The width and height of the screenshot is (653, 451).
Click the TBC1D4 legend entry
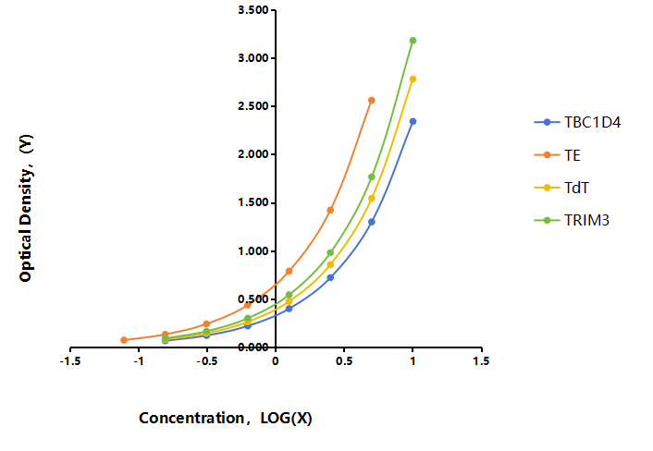578,122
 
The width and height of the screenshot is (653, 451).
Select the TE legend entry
558,155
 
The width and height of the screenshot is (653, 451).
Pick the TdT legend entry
561,188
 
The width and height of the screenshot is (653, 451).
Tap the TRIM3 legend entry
572,220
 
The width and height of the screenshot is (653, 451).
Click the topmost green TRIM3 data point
413,41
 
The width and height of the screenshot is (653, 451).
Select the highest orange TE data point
372,100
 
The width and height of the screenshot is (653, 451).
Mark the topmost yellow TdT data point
413,79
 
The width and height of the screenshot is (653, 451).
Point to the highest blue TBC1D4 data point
413,121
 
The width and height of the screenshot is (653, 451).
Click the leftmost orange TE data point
124,340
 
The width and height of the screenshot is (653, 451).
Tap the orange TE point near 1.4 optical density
330,210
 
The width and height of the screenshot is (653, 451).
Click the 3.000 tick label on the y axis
253,58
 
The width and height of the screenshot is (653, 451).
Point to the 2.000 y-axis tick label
253,154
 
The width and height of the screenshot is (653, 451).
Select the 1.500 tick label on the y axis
253,202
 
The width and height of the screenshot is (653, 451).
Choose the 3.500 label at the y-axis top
253,10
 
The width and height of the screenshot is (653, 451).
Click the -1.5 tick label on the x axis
70,361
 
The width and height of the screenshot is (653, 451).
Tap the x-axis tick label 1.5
481,361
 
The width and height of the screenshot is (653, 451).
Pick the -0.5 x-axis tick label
207,361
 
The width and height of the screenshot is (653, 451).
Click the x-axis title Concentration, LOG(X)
226,418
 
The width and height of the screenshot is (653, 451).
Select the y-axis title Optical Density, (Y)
26,208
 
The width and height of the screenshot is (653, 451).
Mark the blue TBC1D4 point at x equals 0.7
372,222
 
